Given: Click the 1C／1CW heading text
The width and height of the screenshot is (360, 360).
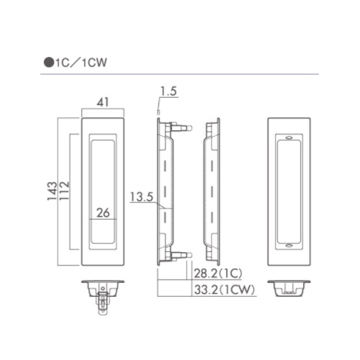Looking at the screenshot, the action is click(81, 63).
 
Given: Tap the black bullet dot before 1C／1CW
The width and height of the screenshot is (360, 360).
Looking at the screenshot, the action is click(49, 63).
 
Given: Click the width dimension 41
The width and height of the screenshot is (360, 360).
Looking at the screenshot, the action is click(103, 102).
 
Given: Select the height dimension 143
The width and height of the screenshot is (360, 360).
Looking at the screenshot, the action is click(52, 191).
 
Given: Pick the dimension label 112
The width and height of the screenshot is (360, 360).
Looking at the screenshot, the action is click(64, 191).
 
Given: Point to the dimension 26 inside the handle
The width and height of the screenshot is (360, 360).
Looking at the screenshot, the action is click(103, 212).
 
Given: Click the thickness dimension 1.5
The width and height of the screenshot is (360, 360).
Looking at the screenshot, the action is click(168, 91).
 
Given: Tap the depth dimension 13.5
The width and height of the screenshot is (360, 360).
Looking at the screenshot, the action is click(142, 197).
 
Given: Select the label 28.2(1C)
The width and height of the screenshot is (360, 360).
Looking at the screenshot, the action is click(218, 274).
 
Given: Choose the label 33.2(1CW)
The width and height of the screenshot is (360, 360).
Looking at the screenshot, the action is click(224, 289).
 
